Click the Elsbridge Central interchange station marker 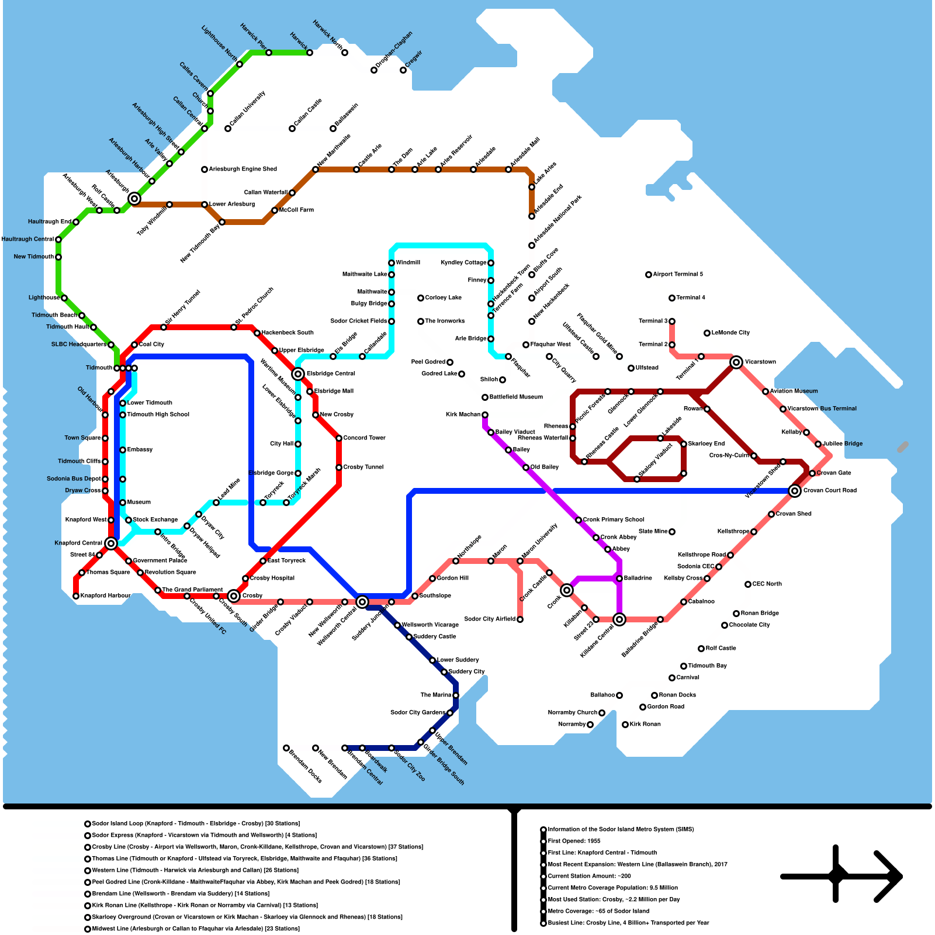(298, 374)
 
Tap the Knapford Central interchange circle (111, 543)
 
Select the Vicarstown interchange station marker (736, 362)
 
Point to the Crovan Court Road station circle (795, 491)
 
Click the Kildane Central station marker (619, 619)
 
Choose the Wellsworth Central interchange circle (362, 602)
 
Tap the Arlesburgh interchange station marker (134, 199)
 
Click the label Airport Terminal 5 (678, 274)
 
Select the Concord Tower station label (364, 438)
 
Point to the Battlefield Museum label (516, 397)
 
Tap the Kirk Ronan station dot (625, 725)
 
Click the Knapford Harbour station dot (76, 596)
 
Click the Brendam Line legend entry (181, 894)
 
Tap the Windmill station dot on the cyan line (392, 263)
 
